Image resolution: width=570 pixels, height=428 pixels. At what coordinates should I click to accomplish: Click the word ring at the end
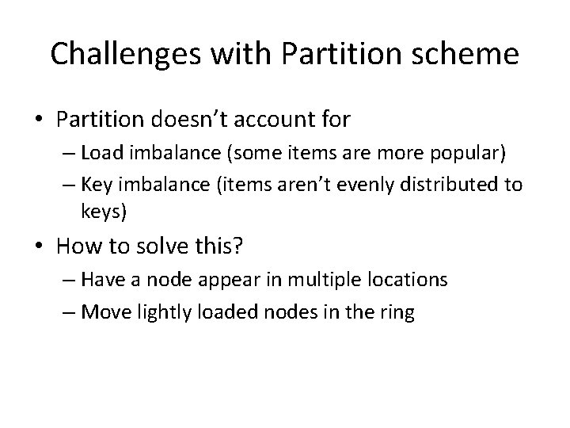(x=397, y=311)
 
